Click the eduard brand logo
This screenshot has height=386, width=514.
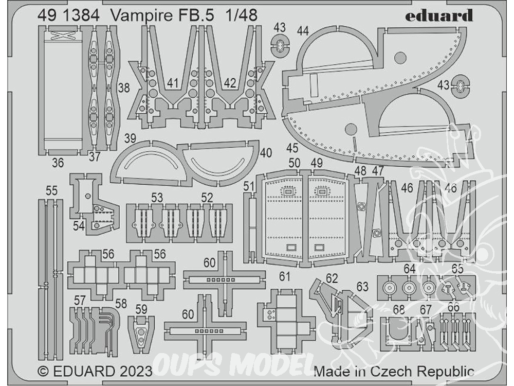(439, 16)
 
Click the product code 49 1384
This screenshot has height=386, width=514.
(68, 15)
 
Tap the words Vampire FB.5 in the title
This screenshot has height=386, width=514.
(162, 15)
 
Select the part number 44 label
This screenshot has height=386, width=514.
(303, 31)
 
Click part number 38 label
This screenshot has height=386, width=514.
(124, 88)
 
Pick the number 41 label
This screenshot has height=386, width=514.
(172, 83)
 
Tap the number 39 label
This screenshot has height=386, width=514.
(130, 138)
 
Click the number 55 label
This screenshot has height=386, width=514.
(51, 191)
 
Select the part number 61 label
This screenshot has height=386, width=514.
(285, 277)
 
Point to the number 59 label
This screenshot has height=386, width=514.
(141, 309)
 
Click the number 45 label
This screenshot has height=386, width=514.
(292, 148)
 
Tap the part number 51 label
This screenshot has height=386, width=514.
(249, 186)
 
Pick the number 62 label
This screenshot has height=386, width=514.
(332, 278)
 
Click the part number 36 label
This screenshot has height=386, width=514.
(58, 163)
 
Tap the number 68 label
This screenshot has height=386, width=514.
(399, 309)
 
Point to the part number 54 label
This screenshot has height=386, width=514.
(79, 226)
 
